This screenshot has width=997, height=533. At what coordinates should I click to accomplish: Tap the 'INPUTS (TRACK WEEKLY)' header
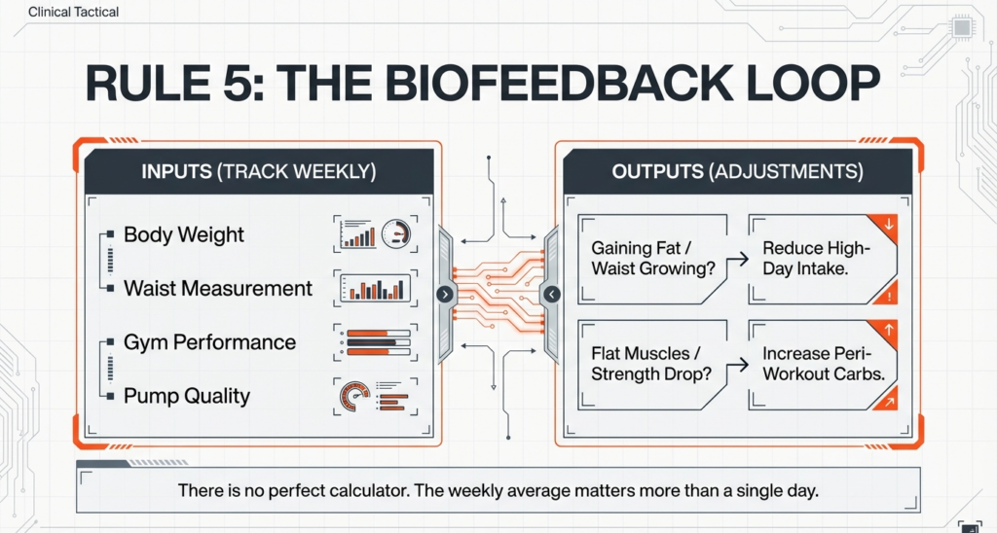[258, 172]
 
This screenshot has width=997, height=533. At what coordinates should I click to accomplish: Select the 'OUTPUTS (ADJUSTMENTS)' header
[737, 172]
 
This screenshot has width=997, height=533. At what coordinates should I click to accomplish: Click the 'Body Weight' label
[184, 235]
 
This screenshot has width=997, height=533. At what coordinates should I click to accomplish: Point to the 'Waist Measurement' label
[218, 289]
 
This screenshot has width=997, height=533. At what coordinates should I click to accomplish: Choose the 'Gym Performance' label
[209, 342]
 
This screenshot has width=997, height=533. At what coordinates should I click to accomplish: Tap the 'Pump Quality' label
[186, 396]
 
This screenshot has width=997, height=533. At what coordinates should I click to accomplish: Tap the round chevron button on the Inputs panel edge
[445, 294]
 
